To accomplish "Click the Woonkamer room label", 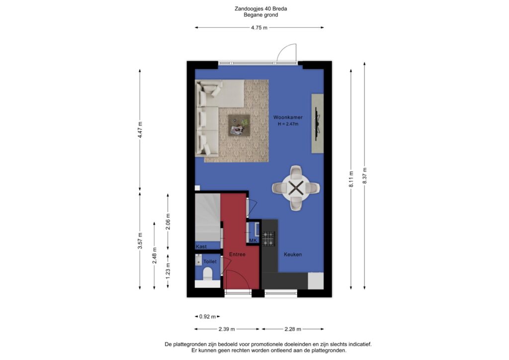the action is (x=288, y=117).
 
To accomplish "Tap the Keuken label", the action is (x=293, y=255).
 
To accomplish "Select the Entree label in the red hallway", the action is (x=237, y=255).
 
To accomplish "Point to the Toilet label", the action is (x=210, y=262).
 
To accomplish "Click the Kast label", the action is (x=201, y=247).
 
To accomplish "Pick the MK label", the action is (x=253, y=240).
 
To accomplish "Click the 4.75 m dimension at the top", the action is (x=259, y=27).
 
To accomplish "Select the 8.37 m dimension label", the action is (x=364, y=176).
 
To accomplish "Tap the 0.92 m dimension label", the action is (x=207, y=317).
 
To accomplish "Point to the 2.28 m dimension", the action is (x=293, y=329).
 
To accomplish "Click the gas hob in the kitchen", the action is (x=268, y=238).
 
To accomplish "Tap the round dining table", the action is (x=296, y=188).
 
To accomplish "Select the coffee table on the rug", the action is (x=239, y=125).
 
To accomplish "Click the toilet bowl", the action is (x=207, y=274).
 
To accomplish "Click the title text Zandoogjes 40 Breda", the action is (x=260, y=9).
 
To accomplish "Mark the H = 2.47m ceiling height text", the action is (x=288, y=124).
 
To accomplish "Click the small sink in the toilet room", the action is (x=199, y=260).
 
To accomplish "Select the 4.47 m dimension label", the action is (x=140, y=129).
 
